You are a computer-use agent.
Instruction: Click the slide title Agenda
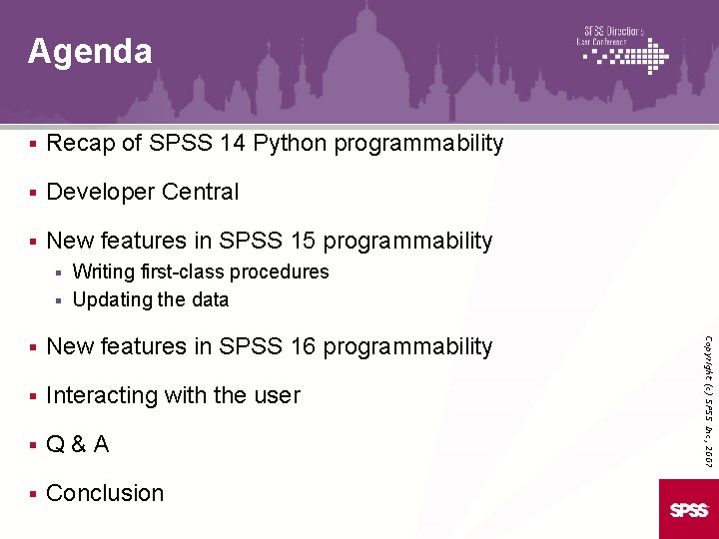90,51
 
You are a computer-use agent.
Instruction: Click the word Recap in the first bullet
80,144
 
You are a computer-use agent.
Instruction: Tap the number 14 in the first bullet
234,144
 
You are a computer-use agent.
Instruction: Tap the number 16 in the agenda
303,347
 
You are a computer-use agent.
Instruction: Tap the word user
277,396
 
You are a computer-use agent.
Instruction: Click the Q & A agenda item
78,445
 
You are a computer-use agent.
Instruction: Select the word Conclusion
105,493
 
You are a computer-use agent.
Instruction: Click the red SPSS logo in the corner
688,509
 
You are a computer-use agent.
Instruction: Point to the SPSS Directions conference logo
624,50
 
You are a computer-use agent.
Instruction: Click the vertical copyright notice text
706,384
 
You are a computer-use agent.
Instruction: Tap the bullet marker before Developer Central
33,193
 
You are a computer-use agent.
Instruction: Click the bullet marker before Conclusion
33,494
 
